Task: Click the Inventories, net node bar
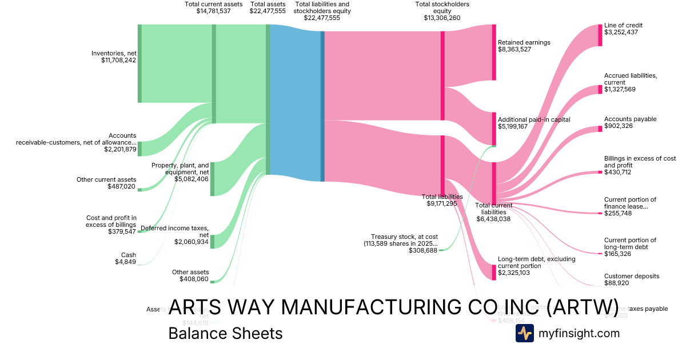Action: [139, 63]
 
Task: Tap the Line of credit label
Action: [623, 25]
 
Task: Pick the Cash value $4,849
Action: [125, 262]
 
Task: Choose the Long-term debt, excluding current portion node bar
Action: [494, 273]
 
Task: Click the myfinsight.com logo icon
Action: [524, 333]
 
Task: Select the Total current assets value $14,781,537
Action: [213, 11]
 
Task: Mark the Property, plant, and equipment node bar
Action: [212, 179]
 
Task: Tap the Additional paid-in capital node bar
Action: [494, 129]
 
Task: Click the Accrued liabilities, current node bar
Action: [600, 89]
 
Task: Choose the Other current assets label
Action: [106, 179]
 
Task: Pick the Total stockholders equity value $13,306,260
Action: [442, 18]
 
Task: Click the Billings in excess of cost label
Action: [632, 162]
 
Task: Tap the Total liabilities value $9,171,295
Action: [442, 203]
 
